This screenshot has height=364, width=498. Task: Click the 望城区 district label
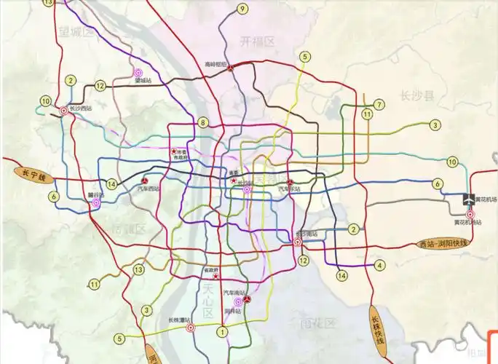pos(77,33)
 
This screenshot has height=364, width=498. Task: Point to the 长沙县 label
pos(416,95)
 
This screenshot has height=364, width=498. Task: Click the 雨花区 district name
pos(320,323)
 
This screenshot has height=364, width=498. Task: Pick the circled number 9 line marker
pos(242,9)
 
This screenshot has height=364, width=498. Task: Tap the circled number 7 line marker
pos(379,104)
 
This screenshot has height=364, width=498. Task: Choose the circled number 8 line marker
pos(203,122)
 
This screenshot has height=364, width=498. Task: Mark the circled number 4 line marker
pos(379,266)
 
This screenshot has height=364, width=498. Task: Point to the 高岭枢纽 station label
pos(216,64)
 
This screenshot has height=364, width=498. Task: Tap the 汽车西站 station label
pos(148,189)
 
